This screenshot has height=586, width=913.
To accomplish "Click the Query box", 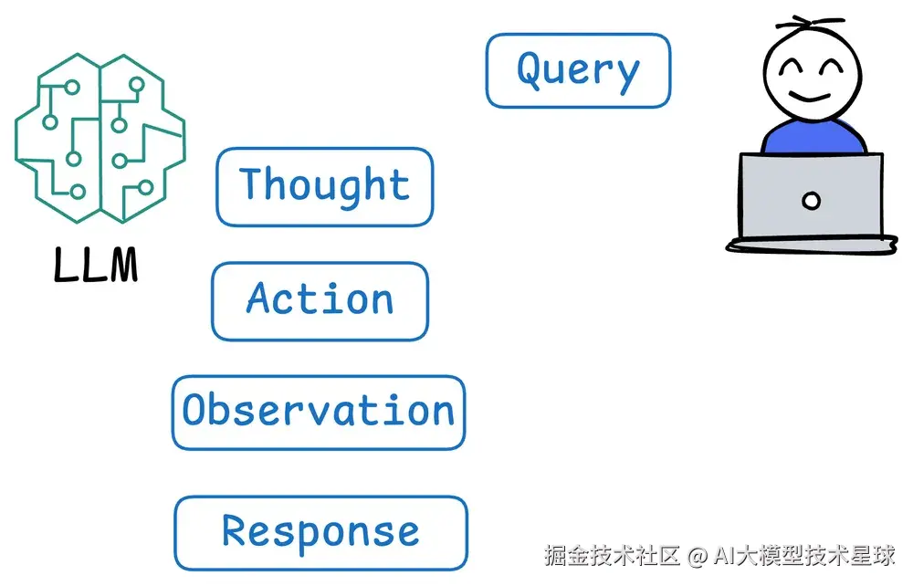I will tap(578, 71).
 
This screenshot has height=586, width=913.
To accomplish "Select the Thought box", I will tap(324, 186).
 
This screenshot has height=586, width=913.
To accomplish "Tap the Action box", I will tap(320, 301).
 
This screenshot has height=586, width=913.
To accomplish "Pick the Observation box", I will tap(319, 413).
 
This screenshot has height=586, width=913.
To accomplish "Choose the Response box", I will tap(320, 533).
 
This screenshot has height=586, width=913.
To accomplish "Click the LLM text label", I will tap(95, 265).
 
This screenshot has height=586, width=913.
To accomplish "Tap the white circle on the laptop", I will tap(811, 201).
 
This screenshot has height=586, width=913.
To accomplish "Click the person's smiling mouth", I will tap(810, 96).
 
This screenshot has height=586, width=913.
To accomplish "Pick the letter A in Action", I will tap(260, 298).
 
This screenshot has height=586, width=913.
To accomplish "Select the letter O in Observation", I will tap(196, 411).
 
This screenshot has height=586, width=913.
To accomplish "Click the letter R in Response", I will tap(236, 531).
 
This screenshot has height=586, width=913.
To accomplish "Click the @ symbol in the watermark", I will tap(698, 555).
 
